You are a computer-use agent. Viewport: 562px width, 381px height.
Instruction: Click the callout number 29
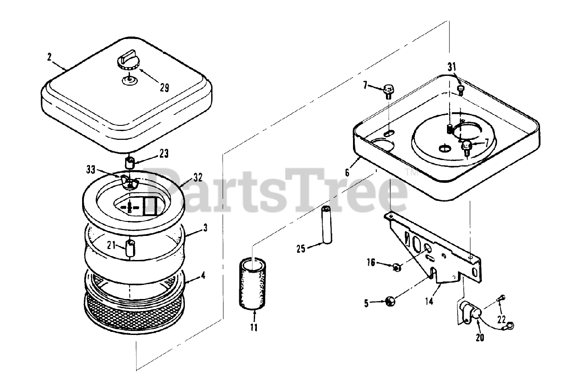(x=164, y=87)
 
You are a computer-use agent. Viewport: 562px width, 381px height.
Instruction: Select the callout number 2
(x=50, y=57)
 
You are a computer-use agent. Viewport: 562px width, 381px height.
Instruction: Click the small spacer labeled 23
(x=130, y=163)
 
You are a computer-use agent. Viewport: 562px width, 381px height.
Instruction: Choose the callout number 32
(x=198, y=178)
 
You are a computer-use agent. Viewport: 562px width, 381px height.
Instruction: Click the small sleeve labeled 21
(x=130, y=248)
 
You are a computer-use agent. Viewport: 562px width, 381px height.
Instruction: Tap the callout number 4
(x=203, y=275)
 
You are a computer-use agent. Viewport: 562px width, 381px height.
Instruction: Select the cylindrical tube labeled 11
(x=252, y=283)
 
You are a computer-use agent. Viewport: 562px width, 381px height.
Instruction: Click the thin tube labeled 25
(x=327, y=224)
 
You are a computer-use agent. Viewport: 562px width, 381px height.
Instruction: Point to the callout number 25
(x=301, y=249)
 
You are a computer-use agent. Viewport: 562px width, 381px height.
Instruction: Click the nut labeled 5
(x=390, y=301)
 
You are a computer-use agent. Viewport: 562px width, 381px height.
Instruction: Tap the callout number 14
(x=429, y=301)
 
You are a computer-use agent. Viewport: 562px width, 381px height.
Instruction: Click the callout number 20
(x=480, y=338)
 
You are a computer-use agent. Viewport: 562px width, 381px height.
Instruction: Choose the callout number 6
(x=347, y=173)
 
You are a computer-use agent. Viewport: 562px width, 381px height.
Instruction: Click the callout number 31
(x=452, y=67)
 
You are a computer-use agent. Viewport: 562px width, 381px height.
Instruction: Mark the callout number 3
(x=205, y=228)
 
